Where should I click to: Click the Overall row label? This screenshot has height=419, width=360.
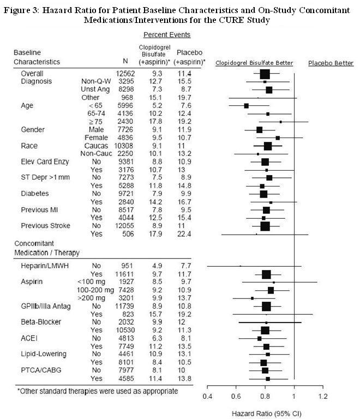tap(32, 73)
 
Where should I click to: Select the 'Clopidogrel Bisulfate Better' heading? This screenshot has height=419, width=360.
tap(254, 63)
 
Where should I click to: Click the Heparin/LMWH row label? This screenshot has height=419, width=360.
tap(44, 266)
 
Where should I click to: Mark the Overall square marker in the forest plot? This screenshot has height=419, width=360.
tap(265, 74)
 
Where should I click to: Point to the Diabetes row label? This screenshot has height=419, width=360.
tap(34, 193)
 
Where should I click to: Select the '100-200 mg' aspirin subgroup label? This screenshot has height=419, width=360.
tap(95, 290)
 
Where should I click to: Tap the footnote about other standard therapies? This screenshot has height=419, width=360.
tap(97, 391)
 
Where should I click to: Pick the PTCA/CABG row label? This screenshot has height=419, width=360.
tap(39, 370)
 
